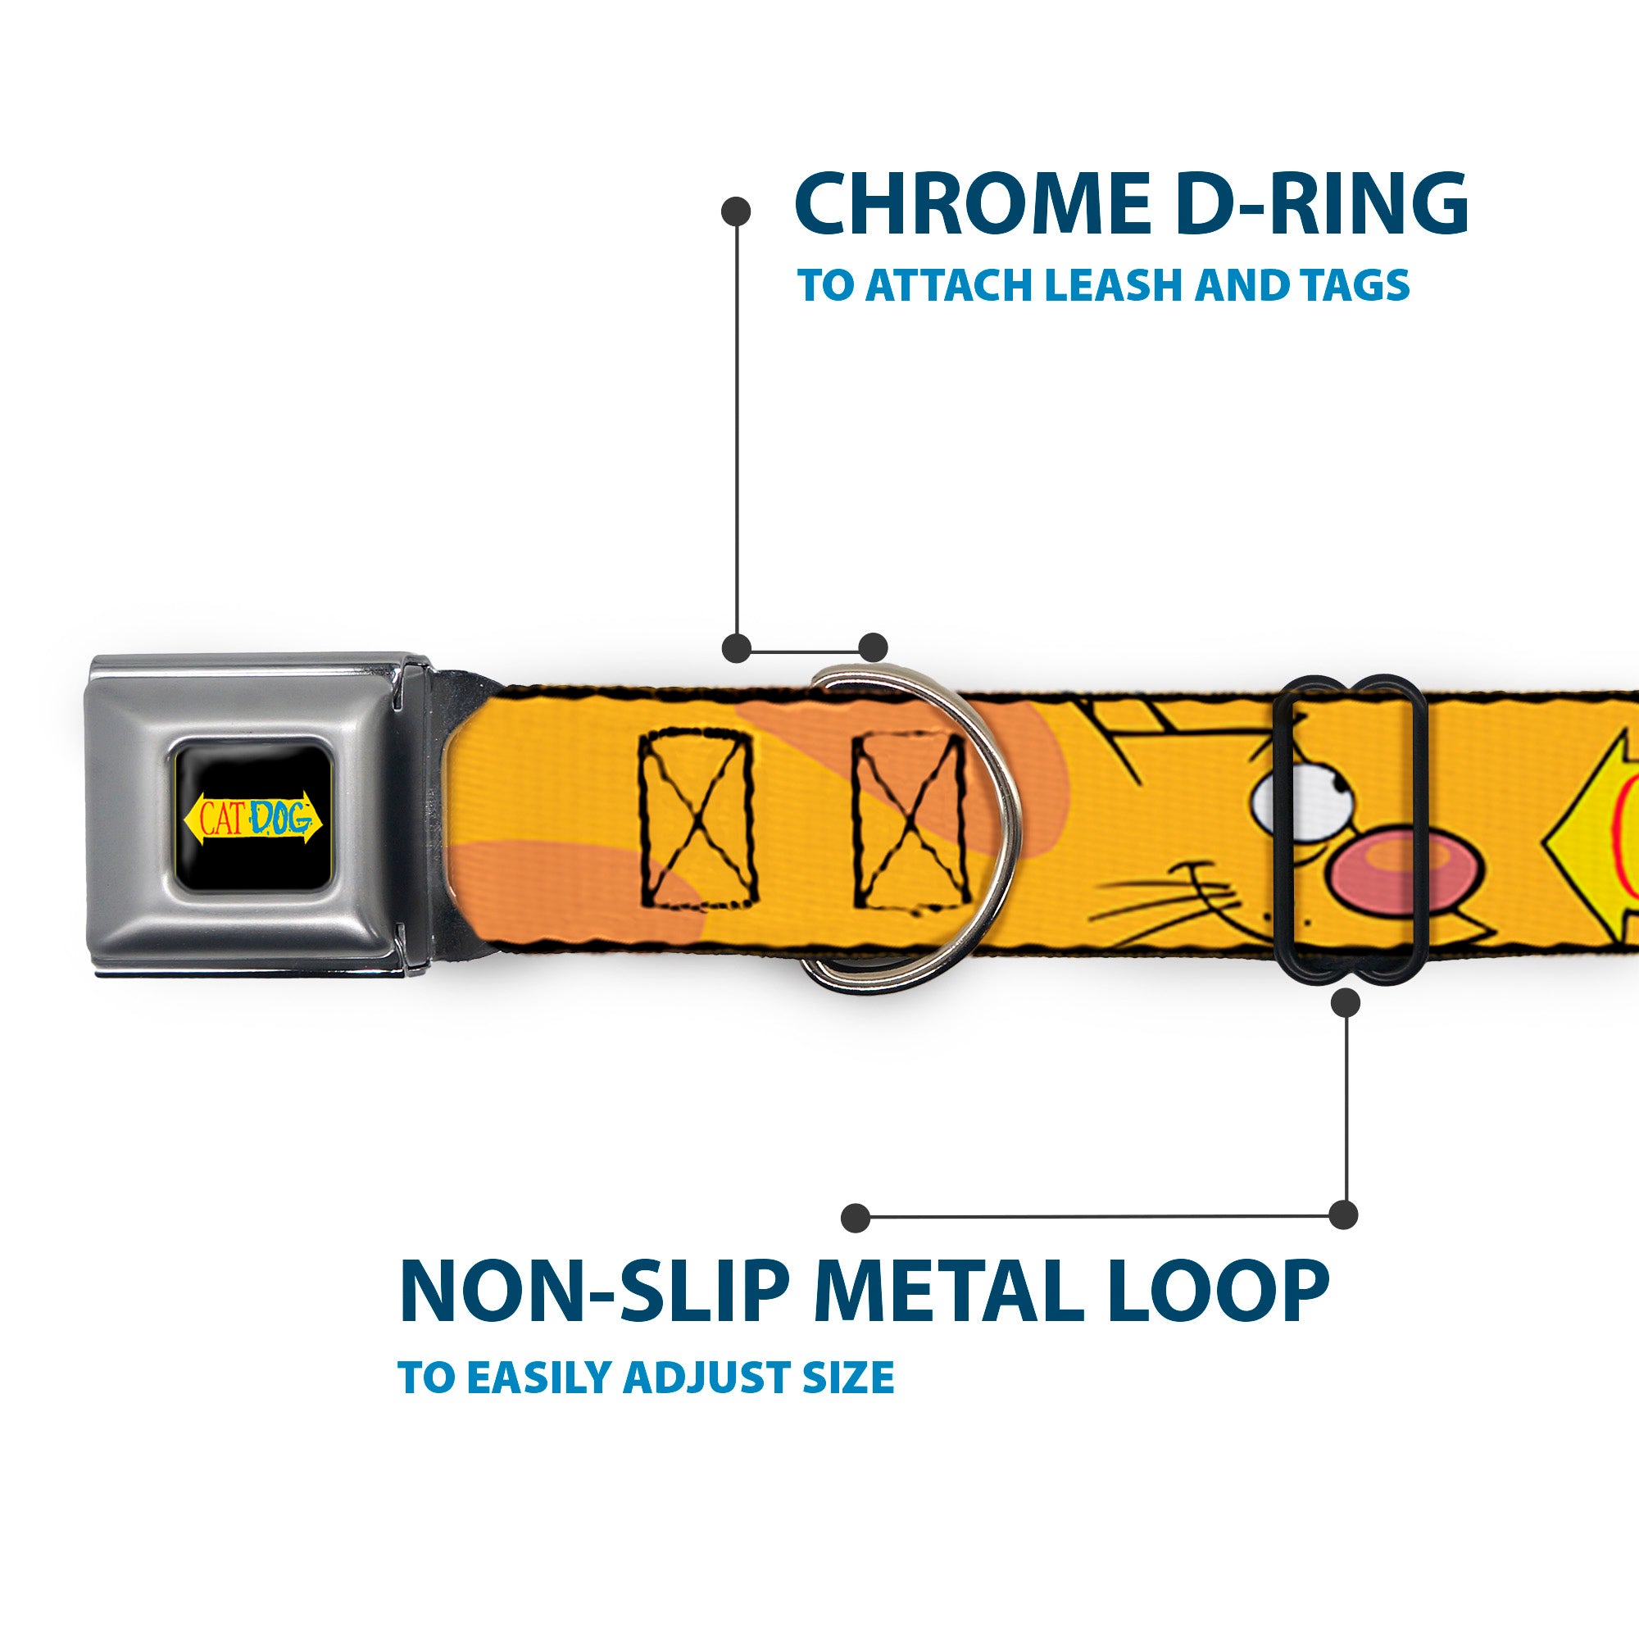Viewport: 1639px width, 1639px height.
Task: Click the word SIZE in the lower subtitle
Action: [854, 1378]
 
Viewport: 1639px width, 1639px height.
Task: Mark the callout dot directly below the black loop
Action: [1346, 1003]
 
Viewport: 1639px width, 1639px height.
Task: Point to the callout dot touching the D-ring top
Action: [873, 647]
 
